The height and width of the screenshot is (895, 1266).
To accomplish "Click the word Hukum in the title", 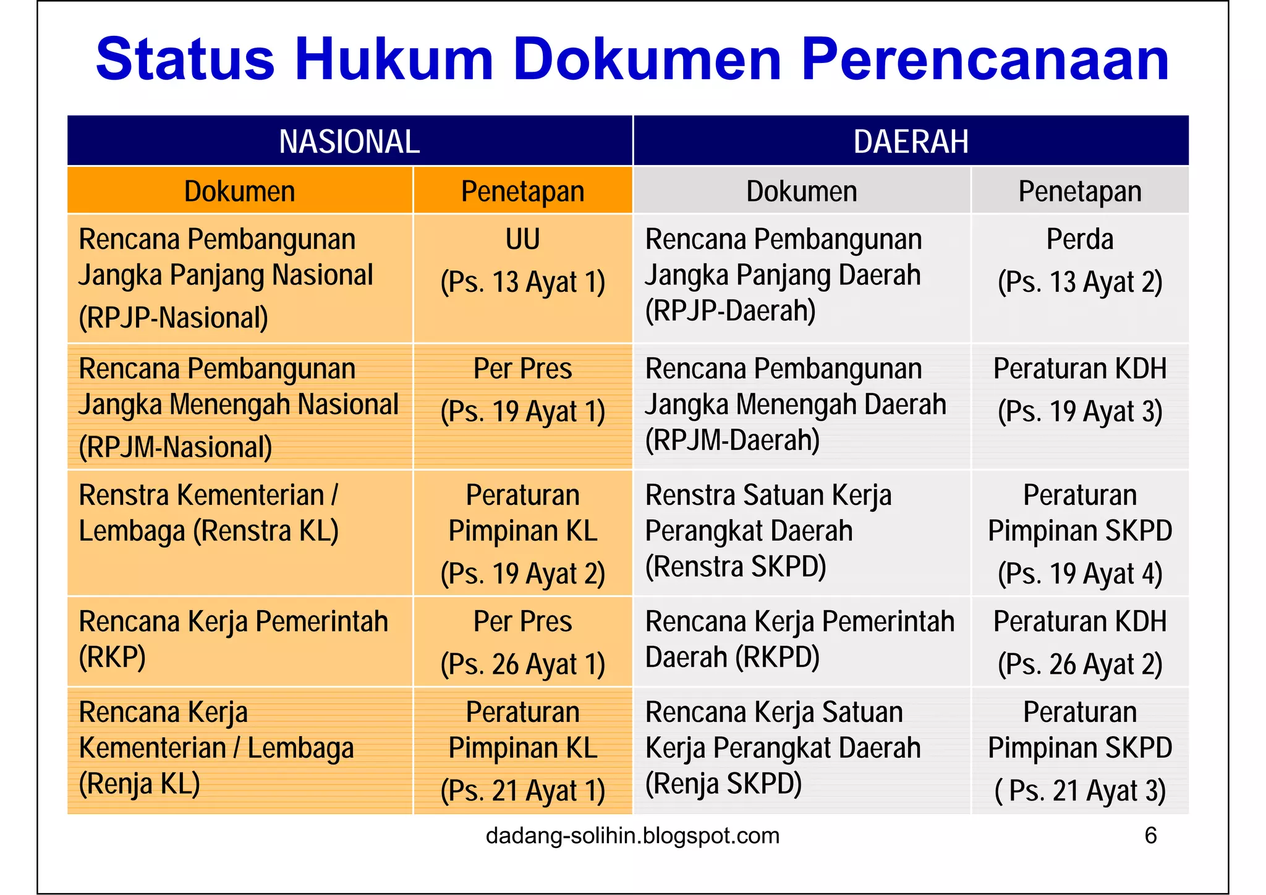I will tap(394, 60).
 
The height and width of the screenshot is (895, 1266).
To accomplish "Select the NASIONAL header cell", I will tap(349, 142).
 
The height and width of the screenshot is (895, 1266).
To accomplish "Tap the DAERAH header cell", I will tap(911, 142).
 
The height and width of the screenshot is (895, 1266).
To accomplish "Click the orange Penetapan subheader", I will tap(522, 192).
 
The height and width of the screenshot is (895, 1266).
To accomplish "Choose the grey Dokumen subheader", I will tap(801, 192).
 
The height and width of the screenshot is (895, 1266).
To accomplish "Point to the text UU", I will tap(522, 239).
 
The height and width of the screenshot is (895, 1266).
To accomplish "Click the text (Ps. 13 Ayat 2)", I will tap(1079, 282).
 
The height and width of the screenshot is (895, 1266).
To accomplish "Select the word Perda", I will tap(1079, 239).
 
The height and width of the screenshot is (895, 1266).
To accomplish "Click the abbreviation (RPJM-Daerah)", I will tap(733, 441).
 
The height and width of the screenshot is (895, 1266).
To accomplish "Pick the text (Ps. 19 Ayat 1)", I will tap(522, 412).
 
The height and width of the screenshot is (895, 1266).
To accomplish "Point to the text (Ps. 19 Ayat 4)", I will tap(1079, 574).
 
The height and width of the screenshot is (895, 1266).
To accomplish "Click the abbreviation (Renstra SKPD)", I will tap(736, 567).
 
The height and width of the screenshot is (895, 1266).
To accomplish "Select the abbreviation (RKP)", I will tap(113, 657).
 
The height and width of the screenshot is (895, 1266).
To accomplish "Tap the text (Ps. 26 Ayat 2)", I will tap(1079, 664).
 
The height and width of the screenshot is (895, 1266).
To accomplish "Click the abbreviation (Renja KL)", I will tap(140, 784).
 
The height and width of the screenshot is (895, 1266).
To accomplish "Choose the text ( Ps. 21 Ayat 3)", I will tap(1079, 791).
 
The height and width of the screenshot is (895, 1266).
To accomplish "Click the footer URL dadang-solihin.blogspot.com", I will tap(632, 836).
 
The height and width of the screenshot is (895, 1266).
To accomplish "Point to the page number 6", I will tap(1150, 836).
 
